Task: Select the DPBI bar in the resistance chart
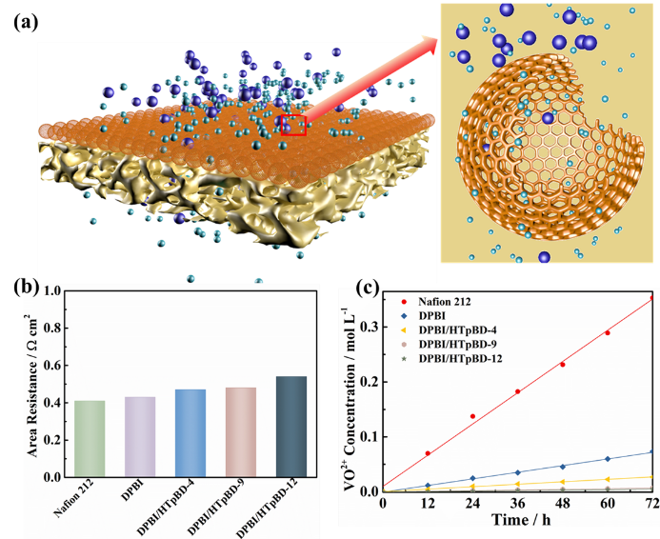[140, 436]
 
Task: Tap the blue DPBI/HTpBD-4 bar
[190, 432]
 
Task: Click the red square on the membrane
[293, 125]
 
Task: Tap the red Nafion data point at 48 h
[562, 365]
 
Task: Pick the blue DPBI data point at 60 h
[607, 459]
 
